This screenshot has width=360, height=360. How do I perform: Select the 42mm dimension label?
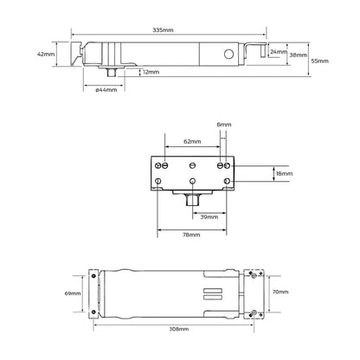[47, 54]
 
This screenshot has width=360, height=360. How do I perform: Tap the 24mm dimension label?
[278, 52]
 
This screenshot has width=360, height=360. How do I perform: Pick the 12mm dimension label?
[151, 72]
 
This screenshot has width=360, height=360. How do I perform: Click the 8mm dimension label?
[224, 125]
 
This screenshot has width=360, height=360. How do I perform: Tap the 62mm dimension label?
[191, 140]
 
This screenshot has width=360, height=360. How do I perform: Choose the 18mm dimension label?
[284, 173]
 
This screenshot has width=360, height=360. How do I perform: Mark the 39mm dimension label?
[209, 218]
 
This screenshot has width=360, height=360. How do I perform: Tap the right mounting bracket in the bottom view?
[253, 293]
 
